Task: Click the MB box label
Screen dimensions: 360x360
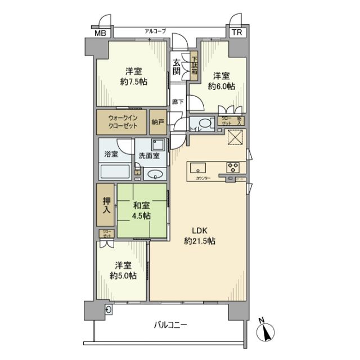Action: [100, 33]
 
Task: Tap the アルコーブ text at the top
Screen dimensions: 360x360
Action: [155, 31]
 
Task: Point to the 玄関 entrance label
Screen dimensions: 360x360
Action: [177, 66]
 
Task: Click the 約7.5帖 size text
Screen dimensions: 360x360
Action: [134, 82]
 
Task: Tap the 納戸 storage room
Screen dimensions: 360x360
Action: [158, 122]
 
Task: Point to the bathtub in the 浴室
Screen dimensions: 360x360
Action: [115, 172]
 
